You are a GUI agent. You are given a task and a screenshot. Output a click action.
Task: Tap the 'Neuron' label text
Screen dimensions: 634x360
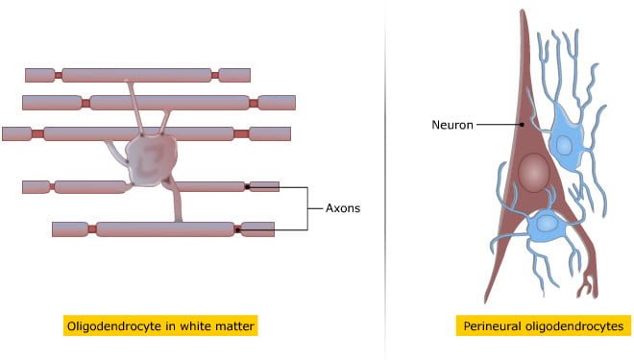[x=451, y=124]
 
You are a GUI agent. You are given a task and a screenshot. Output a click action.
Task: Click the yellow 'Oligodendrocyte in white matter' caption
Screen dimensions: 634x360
[x=161, y=326]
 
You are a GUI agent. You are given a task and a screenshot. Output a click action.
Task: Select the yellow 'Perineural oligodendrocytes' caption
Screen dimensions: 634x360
[x=543, y=326]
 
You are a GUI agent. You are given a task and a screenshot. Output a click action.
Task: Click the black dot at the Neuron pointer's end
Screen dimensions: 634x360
[x=520, y=124]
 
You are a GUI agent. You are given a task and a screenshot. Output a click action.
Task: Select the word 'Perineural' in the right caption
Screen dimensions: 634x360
[x=493, y=326]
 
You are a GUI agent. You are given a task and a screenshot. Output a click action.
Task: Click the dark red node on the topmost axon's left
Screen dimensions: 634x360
[x=58, y=75]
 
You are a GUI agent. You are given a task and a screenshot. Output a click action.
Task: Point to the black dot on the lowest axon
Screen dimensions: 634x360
[x=237, y=229]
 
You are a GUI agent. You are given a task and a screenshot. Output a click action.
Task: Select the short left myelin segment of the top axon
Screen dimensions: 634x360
[x=39, y=75]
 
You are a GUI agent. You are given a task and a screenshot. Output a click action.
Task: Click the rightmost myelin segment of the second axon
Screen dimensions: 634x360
[x=276, y=102]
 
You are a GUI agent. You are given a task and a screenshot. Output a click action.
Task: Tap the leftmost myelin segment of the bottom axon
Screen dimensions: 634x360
[x=70, y=229]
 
